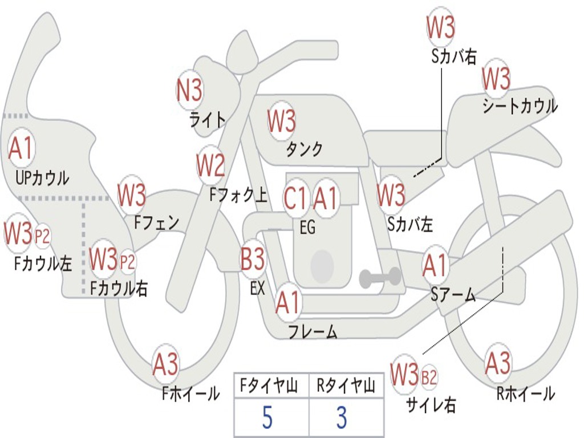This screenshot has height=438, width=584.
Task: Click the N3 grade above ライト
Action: pos(189,90)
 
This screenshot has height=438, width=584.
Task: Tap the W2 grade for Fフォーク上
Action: pos(211,165)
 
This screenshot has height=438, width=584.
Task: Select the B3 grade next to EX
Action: pos(253,259)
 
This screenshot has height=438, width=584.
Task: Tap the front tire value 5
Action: pos(267,417)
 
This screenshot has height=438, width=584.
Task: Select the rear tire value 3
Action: pos(342,417)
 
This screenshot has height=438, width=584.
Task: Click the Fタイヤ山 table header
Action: pos(269,386)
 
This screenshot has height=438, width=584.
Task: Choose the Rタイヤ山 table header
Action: pos(346,386)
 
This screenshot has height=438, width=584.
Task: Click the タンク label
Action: pos(304,149)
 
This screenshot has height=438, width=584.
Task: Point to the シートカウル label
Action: pos(520,106)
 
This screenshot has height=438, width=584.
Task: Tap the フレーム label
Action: pos(313,331)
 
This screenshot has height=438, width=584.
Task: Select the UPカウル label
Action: pos(42,178)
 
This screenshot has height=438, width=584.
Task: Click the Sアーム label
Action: pos(453,295)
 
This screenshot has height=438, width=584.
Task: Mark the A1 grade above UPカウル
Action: pos(21,149)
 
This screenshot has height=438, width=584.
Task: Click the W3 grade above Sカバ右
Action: pos(441,27)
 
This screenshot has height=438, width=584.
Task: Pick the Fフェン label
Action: pos(157,223)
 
